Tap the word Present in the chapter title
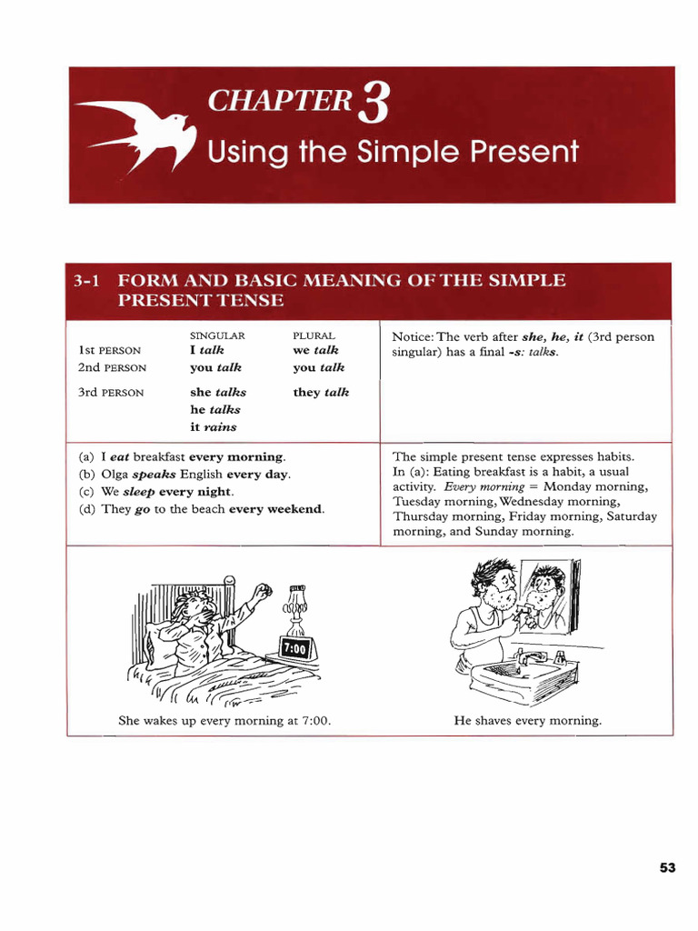(x=524, y=151)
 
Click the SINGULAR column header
(x=217, y=335)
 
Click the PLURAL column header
(x=314, y=335)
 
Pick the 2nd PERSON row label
(x=112, y=368)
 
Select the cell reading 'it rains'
(x=213, y=426)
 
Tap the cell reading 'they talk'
(x=321, y=393)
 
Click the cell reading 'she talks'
(x=218, y=393)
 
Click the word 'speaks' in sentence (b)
(x=154, y=475)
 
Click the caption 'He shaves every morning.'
(x=527, y=721)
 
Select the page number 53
(x=667, y=868)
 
